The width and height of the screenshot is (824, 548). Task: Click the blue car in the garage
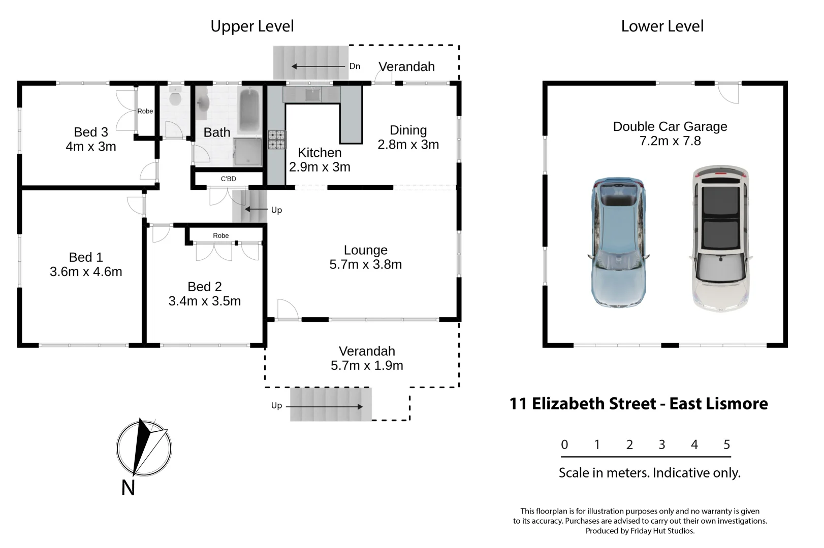click(x=619, y=243)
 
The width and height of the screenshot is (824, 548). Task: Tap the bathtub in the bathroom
click(x=249, y=111)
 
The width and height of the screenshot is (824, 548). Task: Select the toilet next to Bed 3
click(x=175, y=96)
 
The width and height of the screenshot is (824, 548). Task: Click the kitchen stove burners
click(x=277, y=140)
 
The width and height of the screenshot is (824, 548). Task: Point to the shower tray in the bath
click(x=247, y=151)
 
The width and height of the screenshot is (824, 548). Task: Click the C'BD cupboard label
click(x=228, y=179)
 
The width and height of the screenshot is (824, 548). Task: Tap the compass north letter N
click(x=128, y=488)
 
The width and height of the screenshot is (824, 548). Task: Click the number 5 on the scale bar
click(x=726, y=444)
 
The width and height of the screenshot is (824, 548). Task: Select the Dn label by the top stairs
click(x=355, y=66)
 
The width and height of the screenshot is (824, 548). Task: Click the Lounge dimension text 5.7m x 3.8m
click(x=365, y=264)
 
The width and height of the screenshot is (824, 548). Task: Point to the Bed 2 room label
click(x=204, y=287)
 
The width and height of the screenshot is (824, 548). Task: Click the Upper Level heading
click(x=252, y=26)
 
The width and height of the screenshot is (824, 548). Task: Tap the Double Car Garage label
click(x=670, y=126)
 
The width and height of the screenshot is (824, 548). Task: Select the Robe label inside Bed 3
click(x=145, y=111)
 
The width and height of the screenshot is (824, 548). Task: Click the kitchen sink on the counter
click(x=312, y=94)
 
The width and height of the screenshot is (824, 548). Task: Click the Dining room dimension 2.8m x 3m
click(x=408, y=145)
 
